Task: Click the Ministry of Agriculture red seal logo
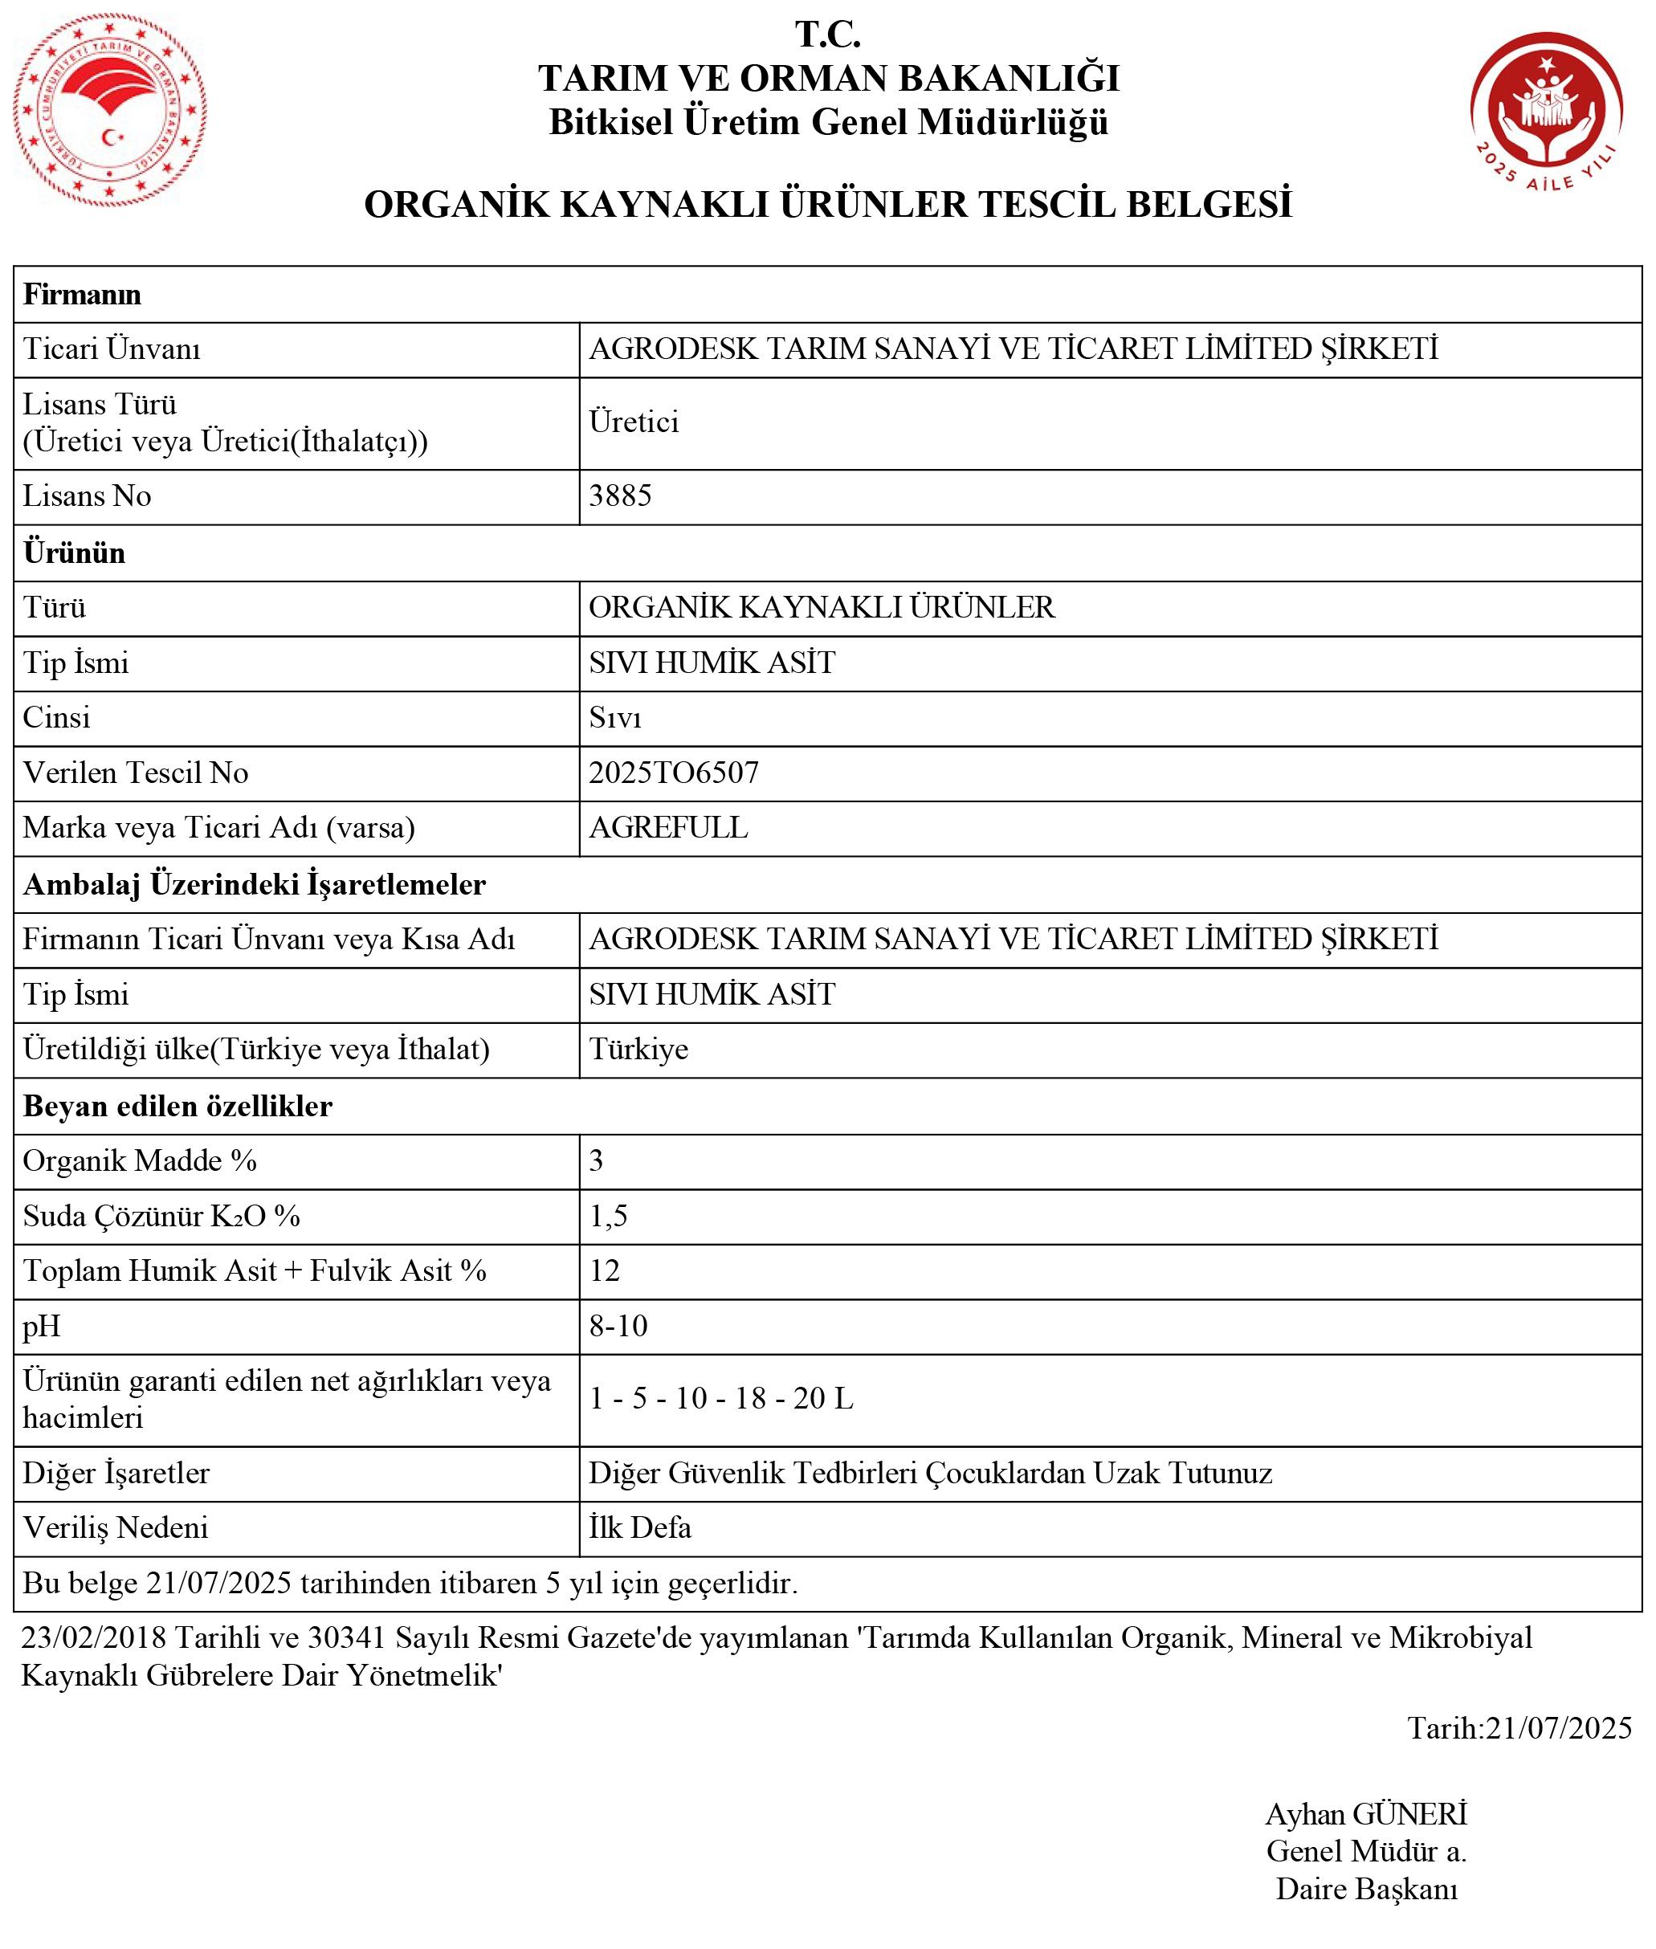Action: click(110, 111)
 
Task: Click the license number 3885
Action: click(619, 495)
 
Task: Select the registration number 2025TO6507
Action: click(673, 773)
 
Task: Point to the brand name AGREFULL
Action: click(667, 827)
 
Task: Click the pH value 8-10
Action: click(618, 1326)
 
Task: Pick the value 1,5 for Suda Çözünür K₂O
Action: click(607, 1216)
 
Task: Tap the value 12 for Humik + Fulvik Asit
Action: click(604, 1270)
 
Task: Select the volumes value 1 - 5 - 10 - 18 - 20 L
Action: click(720, 1399)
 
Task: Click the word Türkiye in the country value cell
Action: click(638, 1049)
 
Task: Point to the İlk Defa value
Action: click(639, 1527)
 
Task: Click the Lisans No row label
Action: click(87, 495)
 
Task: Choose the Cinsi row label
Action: click(56, 717)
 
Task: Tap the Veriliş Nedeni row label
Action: click(116, 1527)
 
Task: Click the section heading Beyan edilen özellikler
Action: click(177, 1106)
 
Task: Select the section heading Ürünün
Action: click(74, 552)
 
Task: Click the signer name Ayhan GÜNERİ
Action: click(1366, 1814)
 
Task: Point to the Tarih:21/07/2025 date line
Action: click(1519, 1727)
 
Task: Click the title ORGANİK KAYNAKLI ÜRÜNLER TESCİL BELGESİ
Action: click(828, 205)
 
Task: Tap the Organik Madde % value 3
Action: click(596, 1161)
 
